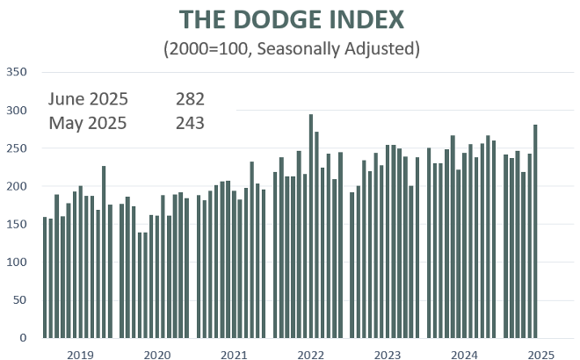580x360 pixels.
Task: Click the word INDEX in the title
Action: tap(367, 19)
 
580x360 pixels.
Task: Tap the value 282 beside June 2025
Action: tap(190, 98)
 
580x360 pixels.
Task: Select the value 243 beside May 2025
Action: tap(190, 123)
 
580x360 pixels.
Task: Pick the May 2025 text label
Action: tap(88, 123)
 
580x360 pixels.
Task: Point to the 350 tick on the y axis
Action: tap(17, 72)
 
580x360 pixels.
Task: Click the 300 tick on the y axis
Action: tap(17, 111)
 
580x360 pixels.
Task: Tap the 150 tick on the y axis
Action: tap(17, 224)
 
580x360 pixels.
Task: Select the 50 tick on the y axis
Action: tap(20, 300)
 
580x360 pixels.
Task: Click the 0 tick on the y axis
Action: tap(24, 338)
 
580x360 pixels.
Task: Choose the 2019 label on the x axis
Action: tap(80, 354)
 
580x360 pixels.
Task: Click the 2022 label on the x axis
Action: tap(311, 354)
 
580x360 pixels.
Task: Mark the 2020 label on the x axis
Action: tap(157, 354)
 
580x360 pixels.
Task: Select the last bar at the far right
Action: tap(535, 232)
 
